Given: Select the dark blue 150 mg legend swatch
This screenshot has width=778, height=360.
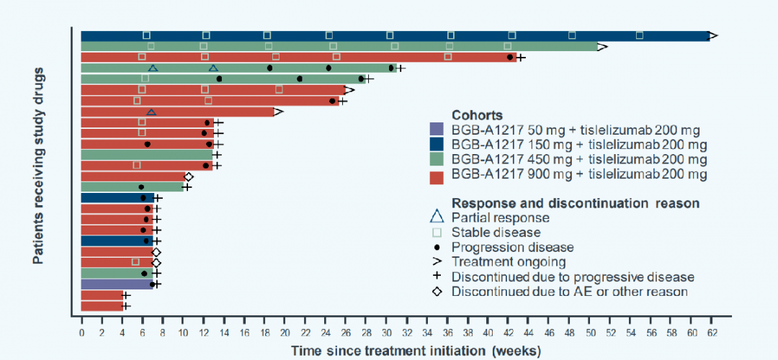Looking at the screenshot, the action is pyautogui.click(x=438, y=145).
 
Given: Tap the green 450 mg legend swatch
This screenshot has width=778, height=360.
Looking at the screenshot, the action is pyautogui.click(x=438, y=160).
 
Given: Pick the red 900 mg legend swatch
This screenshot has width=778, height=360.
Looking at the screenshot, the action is pyautogui.click(x=438, y=174).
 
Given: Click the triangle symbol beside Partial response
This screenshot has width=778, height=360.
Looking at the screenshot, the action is pyautogui.click(x=437, y=217).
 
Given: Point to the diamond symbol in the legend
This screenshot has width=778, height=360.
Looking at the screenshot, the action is pyautogui.click(x=437, y=291).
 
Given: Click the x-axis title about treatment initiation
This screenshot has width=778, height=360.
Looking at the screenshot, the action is pyautogui.click(x=416, y=351).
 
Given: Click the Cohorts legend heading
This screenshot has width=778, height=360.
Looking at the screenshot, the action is pyautogui.click(x=478, y=115).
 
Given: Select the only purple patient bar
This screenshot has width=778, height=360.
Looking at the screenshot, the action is pyautogui.click(x=117, y=284).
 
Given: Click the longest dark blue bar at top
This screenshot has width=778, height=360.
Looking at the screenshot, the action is pyautogui.click(x=395, y=36).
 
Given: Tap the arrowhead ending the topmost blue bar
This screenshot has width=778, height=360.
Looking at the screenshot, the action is pyautogui.click(x=713, y=36).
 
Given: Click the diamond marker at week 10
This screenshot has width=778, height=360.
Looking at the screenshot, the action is pyautogui.click(x=189, y=176).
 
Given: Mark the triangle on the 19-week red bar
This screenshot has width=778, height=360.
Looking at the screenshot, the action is pyautogui.click(x=151, y=112).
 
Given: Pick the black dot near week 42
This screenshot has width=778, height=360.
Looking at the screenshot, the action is pyautogui.click(x=509, y=58).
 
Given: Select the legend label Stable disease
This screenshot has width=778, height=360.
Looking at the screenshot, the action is pyautogui.click(x=496, y=232).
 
